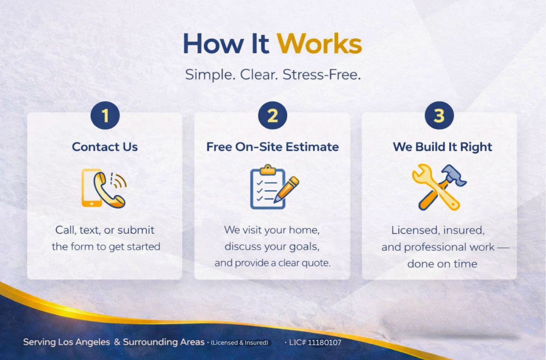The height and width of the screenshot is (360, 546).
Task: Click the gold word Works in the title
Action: (x=319, y=44)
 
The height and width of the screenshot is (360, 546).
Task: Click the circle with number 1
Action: (x=105, y=116)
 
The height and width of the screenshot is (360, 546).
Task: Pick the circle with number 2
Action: (x=273, y=116)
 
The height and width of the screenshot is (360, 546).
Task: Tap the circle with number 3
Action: (x=439, y=116)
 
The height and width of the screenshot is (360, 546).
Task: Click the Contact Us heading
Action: (x=105, y=147)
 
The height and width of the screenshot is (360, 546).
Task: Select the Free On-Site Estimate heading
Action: (x=273, y=147)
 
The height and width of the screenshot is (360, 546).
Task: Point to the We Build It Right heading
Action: (x=442, y=147)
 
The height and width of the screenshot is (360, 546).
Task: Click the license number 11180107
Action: (x=324, y=343)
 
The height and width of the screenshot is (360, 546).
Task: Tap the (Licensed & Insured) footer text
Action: (x=239, y=343)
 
